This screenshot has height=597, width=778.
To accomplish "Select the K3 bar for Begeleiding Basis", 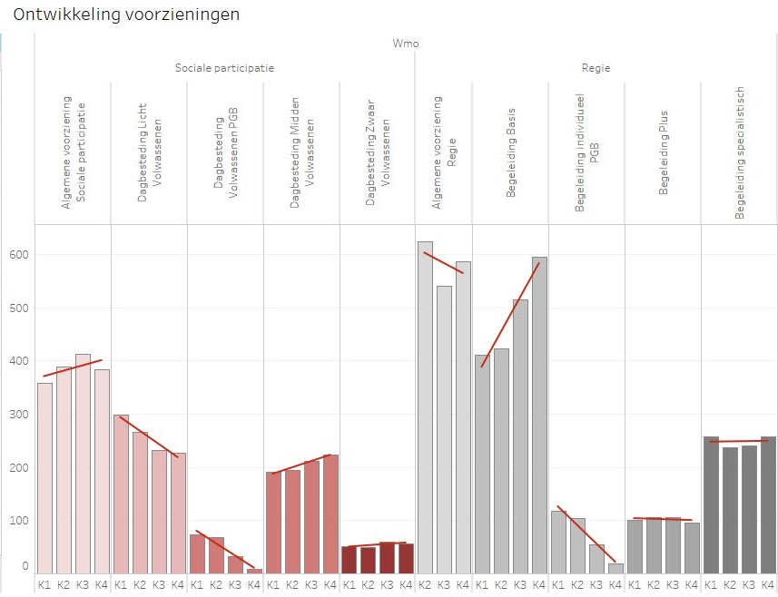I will pyautogui.click(x=520, y=436).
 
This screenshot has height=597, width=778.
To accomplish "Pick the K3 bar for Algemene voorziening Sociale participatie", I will pyautogui.click(x=83, y=463).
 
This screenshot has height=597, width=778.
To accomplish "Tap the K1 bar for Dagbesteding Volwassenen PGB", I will pyautogui.click(x=197, y=553).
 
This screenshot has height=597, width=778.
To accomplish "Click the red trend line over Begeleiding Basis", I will pyautogui.click(x=510, y=314).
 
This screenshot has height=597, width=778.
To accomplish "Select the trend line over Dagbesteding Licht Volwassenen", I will pyautogui.click(x=149, y=436).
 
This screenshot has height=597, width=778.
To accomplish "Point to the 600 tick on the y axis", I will pyautogui.click(x=21, y=255).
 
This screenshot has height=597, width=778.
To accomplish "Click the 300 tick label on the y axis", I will pyautogui.click(x=21, y=415).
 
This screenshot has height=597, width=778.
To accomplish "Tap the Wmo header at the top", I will pyautogui.click(x=406, y=43).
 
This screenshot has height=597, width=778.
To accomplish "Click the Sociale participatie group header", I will pyautogui.click(x=224, y=68).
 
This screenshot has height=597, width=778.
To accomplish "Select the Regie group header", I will pyautogui.click(x=596, y=68).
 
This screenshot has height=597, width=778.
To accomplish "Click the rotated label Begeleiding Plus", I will pyautogui.click(x=664, y=155).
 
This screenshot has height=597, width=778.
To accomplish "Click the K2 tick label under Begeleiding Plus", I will pyautogui.click(x=654, y=585).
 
